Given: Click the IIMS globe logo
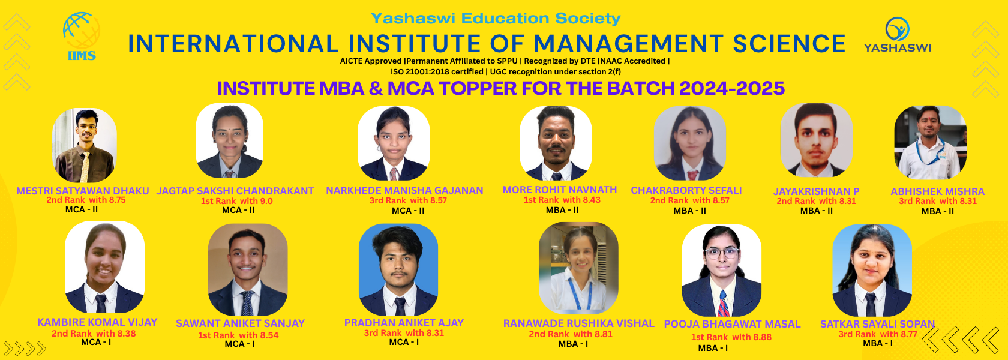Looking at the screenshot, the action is coord(82,37).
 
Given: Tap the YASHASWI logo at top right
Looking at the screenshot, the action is coord(898,35).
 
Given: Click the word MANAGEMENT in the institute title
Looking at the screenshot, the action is coord(628,44).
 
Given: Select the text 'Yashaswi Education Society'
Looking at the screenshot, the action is coord(496,19).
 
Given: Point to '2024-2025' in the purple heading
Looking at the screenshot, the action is coord(732,88).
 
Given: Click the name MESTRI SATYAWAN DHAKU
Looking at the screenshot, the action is coord(83,191).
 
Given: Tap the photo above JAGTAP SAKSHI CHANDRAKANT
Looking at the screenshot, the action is coord(229,141).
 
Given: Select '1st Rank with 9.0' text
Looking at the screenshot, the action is coord(236,201).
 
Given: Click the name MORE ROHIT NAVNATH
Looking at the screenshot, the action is coord(560,190).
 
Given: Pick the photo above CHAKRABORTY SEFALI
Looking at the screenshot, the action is coord(690,143).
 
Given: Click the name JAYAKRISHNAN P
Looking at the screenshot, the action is coord(816,192).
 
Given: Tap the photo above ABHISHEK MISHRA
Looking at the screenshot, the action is coord(930,143).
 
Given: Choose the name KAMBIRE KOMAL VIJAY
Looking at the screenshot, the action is coord(97,322).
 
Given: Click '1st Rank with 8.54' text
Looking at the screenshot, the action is coord(239,335).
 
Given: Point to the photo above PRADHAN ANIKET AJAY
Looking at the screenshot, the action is coord(398,269).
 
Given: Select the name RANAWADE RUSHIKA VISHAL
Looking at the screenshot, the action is coord(578,323).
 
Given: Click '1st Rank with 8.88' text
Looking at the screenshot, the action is coord(731,337).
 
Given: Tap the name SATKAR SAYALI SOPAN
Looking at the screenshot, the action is coord(877,324).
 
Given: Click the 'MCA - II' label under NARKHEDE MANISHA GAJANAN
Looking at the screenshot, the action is coord(408,211).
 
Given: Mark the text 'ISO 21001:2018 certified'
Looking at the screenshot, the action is coord(437,71).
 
